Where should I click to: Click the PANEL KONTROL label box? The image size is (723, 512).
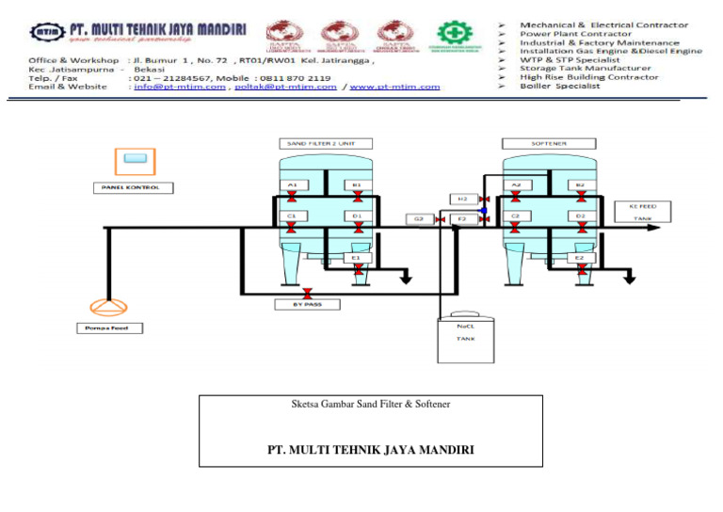pos(131,187)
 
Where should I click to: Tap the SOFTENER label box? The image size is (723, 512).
pos(548,143)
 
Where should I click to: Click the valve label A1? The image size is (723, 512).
pos(293,184)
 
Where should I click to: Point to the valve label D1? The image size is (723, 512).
pos(358,216)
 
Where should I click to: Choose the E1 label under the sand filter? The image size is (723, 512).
pos(357,257)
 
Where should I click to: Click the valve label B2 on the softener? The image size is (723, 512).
pos(581,184)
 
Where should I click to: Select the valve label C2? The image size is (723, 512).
pos(516,216)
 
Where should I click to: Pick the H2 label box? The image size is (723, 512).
pos(462,199)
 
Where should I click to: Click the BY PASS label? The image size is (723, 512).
pos(307,304)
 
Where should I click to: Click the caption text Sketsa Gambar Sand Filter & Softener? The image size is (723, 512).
pos(372,405)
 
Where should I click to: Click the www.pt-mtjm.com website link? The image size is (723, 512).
pos(395,87)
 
